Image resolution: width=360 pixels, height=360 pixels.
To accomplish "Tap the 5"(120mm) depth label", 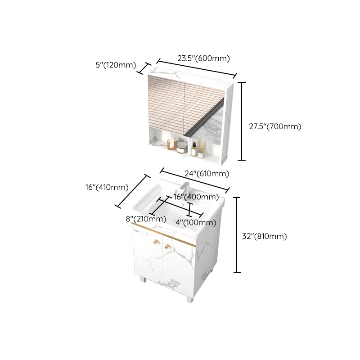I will click(x=116, y=65).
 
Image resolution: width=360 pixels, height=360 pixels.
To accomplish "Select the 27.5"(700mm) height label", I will click(x=274, y=126).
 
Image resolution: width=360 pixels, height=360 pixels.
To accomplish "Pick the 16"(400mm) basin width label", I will click(x=196, y=197).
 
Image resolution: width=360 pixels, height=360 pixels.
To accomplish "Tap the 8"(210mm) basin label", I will click(x=146, y=219).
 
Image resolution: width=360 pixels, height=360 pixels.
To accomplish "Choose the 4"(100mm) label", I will click(x=196, y=222).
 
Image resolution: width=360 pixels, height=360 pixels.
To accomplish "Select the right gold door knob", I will click(x=166, y=245).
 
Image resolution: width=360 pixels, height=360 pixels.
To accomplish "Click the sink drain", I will click(x=177, y=220).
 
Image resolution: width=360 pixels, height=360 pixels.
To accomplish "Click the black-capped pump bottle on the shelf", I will click(x=193, y=149).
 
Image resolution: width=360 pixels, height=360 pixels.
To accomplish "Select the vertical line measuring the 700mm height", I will click(x=243, y=121).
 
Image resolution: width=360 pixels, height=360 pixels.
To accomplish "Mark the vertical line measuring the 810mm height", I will click(x=238, y=235).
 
